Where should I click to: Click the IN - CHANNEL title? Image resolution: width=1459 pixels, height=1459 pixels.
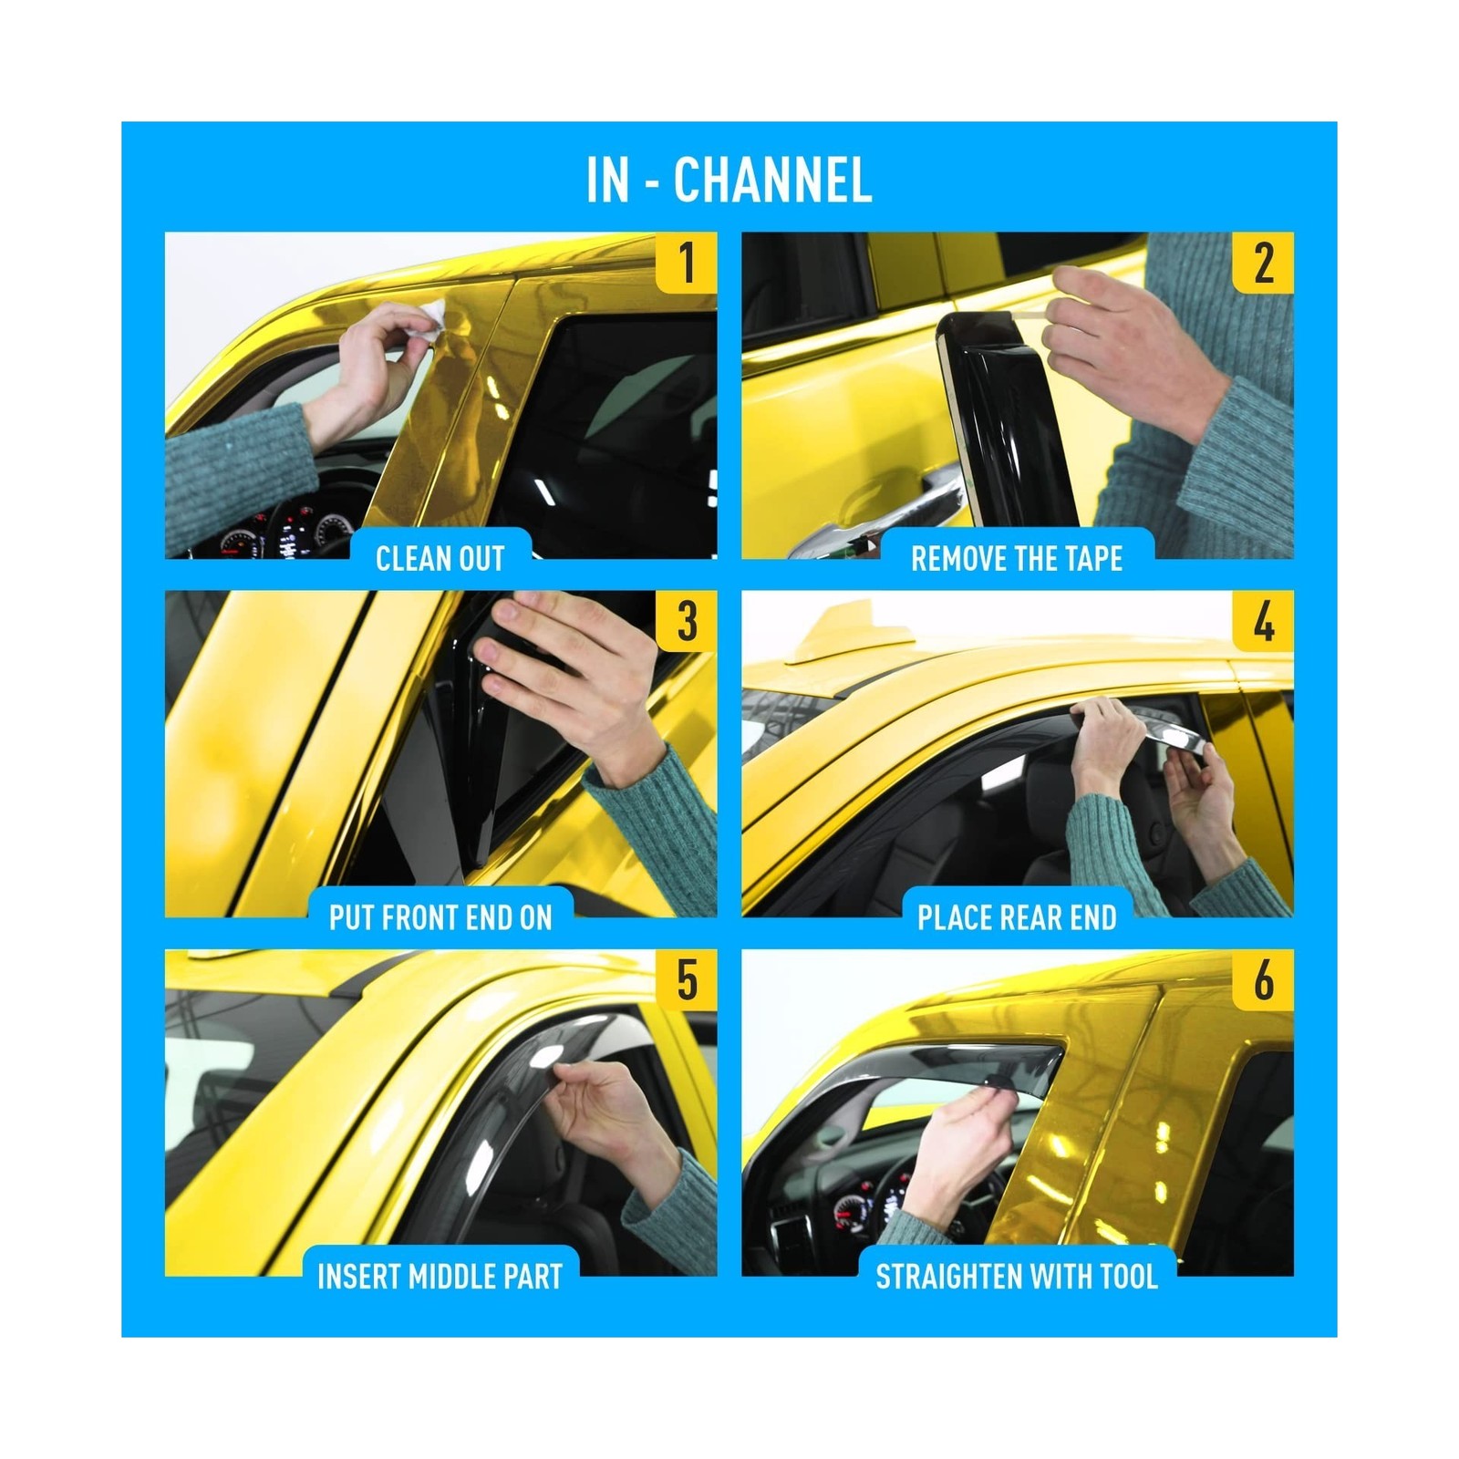click(729, 180)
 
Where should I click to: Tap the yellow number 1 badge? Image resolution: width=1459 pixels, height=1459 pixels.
click(687, 263)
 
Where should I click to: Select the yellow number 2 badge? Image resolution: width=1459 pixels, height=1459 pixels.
click(1263, 263)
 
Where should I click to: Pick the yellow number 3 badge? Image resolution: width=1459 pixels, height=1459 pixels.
click(687, 621)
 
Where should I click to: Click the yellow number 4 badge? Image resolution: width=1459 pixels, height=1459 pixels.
click(1263, 621)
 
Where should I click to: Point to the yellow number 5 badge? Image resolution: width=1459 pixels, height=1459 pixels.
click(687, 980)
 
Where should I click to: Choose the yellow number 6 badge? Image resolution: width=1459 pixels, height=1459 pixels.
click(1263, 980)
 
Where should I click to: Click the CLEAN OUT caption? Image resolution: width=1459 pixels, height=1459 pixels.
click(440, 558)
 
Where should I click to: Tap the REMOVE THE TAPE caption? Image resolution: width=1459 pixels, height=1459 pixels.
click(1017, 558)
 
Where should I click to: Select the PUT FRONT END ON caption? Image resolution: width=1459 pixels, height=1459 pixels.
click(440, 917)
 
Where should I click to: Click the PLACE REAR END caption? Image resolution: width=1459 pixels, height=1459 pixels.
click(1017, 917)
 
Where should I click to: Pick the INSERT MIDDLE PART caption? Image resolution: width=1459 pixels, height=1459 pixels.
click(440, 1277)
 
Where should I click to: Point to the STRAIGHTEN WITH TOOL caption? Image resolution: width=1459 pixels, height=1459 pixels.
click(1017, 1277)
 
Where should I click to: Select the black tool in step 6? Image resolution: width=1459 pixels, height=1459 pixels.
click(1001, 1082)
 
